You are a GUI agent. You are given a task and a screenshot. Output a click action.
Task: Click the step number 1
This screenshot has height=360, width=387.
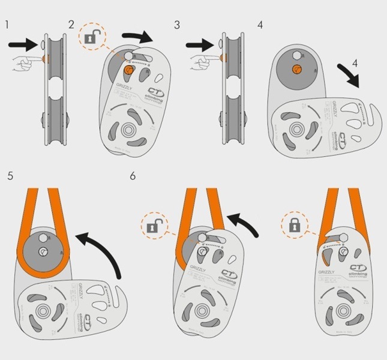point(7,25)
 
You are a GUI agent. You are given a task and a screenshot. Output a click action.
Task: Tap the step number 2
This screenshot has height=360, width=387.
point(72,25)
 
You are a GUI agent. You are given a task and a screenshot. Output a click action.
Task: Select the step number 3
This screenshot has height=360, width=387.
point(177,25)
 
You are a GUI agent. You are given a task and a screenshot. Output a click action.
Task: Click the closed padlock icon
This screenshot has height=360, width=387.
point(294,227)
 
